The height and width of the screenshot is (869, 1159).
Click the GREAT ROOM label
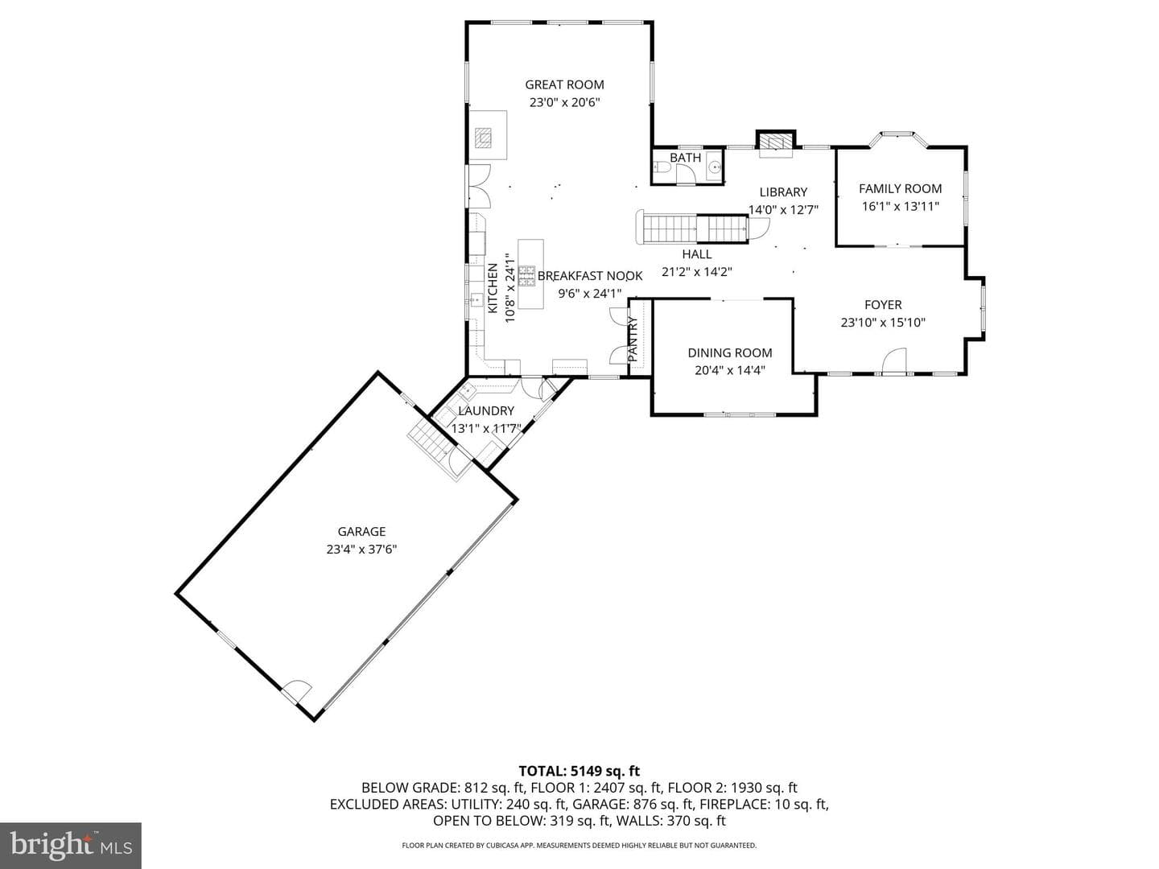[x=564, y=84]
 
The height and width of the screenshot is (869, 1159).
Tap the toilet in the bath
[x=662, y=167]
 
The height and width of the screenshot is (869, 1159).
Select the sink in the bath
[x=715, y=167]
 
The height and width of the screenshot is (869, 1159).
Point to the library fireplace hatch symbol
[x=776, y=142]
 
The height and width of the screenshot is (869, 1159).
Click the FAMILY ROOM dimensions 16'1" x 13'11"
[x=901, y=206]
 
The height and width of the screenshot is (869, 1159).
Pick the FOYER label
[x=883, y=304]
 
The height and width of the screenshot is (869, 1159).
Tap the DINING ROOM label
[x=730, y=352]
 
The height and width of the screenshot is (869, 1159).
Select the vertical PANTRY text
[x=633, y=339]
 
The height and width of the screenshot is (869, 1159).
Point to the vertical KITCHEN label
[x=492, y=288]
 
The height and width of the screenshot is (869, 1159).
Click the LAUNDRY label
[x=486, y=410]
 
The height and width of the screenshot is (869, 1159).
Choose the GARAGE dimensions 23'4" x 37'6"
[x=361, y=550]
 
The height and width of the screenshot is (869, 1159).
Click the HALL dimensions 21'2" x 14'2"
[x=696, y=272]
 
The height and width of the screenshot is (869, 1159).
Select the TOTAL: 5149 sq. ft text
[x=579, y=771]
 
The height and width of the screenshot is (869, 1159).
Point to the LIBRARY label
[x=783, y=192]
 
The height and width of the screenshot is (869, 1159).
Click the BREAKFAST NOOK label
[x=590, y=275]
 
